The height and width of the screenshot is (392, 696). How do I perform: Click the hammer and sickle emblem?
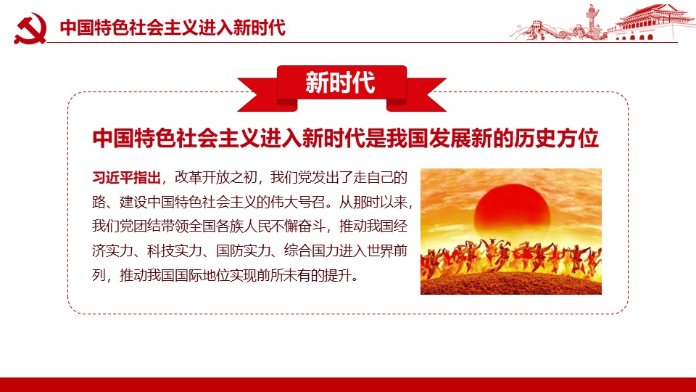[30, 28]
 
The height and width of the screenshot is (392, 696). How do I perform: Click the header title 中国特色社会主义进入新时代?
[173, 27]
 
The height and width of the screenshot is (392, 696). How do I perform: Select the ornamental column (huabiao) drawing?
[592, 21]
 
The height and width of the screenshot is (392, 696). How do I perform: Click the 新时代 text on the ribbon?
[341, 83]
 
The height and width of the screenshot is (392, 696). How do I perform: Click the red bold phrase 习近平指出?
[126, 178]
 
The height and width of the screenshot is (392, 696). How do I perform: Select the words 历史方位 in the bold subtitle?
[557, 138]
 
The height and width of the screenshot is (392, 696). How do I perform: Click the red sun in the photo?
[512, 210]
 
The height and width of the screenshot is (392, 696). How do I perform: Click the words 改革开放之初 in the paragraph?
[216, 178]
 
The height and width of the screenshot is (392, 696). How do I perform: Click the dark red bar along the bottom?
[348, 385]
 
